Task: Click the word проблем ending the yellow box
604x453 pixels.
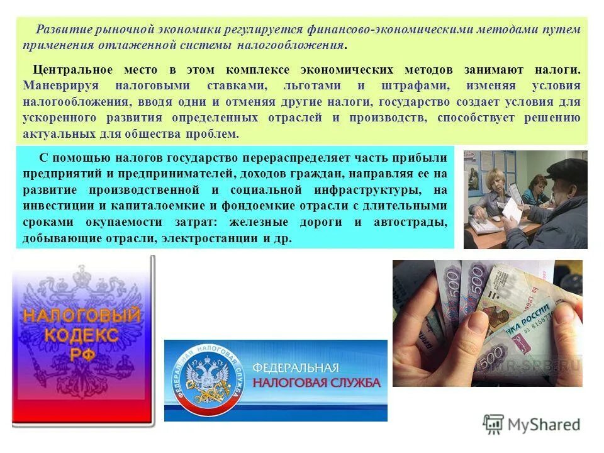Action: point(213,134)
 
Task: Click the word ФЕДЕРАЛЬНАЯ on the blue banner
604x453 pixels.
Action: point(296,367)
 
